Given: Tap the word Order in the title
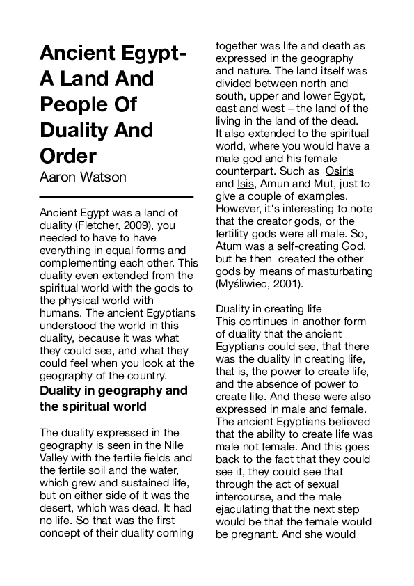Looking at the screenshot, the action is (67, 155).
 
